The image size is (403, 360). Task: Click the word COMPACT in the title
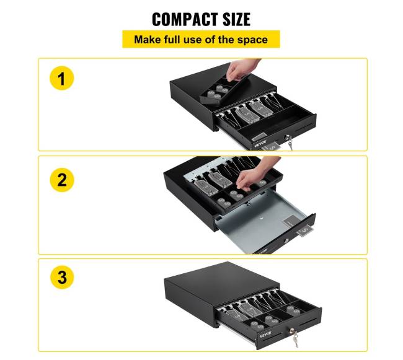(x=185, y=19)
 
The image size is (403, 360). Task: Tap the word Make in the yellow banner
(x=148, y=40)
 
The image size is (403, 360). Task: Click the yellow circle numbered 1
(x=61, y=78)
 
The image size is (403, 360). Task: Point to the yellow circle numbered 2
(x=61, y=180)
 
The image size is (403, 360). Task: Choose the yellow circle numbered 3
(x=61, y=278)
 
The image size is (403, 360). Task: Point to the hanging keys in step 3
(x=295, y=338)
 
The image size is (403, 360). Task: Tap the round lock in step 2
(x=286, y=240)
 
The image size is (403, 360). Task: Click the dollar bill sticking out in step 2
(x=304, y=232)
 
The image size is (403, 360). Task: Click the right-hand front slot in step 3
(x=308, y=322)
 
